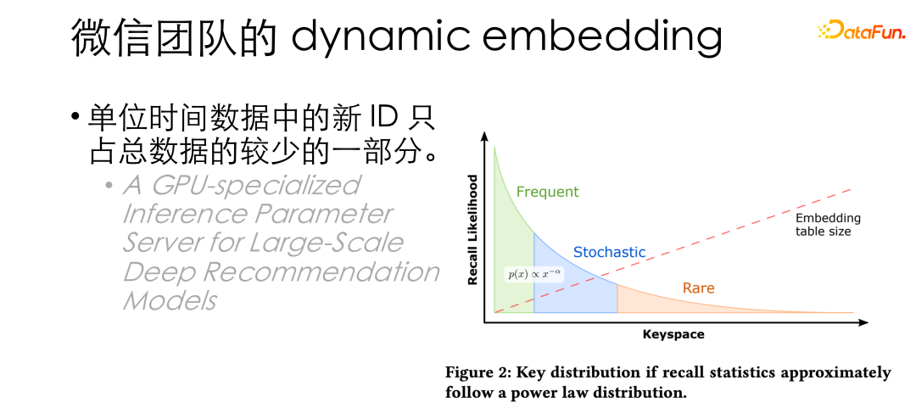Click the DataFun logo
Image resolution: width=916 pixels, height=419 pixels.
[x=861, y=32]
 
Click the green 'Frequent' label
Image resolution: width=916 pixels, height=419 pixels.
[x=547, y=192]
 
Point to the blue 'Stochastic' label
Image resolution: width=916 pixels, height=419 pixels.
[x=609, y=252]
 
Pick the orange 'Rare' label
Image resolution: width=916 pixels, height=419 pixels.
[x=698, y=288]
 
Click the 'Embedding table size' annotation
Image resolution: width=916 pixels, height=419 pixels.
[x=828, y=225]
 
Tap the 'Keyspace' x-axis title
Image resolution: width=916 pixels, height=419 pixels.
[x=673, y=334]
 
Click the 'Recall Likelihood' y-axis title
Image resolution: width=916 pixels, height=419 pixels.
[x=473, y=230]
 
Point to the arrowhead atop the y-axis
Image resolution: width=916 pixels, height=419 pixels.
[x=484, y=137]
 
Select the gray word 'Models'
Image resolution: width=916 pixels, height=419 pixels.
[x=170, y=300]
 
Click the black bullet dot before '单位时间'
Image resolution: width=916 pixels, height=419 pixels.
[x=75, y=117]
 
